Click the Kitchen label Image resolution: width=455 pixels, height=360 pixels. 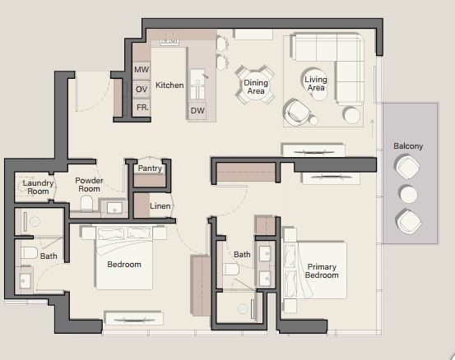[169, 85]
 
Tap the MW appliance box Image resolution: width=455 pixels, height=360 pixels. [142, 70]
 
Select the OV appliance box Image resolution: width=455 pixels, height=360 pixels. [142, 89]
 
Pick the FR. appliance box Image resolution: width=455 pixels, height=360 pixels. [142, 108]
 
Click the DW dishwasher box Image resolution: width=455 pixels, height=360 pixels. [197, 110]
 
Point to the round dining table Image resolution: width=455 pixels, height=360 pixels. [255, 86]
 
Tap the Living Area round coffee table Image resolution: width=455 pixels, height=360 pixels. [315, 84]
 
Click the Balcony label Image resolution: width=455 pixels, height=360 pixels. [408, 146]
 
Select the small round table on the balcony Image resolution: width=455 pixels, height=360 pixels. [408, 194]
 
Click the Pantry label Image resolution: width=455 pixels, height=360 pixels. [150, 168]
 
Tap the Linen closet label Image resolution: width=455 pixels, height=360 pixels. [160, 206]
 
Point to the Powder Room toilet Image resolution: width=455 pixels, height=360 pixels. [86, 203]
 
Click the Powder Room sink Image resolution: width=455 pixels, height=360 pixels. [114, 208]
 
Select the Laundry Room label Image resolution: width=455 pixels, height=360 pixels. [38, 187]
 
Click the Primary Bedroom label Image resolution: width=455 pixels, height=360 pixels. [322, 270]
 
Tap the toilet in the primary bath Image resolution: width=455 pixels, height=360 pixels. [230, 270]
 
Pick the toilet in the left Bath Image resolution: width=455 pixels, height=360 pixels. [29, 253]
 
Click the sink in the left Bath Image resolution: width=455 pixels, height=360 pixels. [25, 280]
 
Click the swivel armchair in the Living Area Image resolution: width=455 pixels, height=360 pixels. [296, 113]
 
